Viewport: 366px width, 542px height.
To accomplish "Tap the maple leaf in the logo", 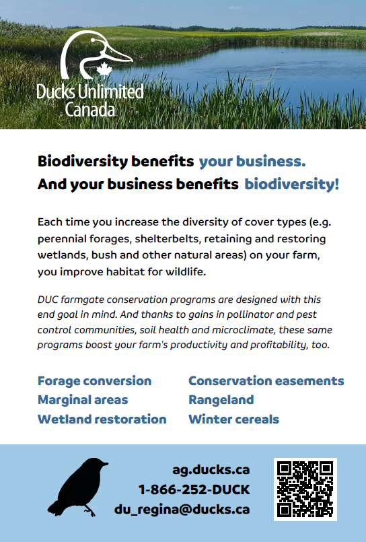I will (x=104, y=69).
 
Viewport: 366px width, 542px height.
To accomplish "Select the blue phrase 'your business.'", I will (x=252, y=162).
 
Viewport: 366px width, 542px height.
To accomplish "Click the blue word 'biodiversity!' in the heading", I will (x=291, y=184).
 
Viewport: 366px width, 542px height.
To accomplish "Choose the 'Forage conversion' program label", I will (x=94, y=381).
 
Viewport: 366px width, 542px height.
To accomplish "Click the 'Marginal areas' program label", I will (x=82, y=400).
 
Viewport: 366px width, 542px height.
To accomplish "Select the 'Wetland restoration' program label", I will (x=102, y=419).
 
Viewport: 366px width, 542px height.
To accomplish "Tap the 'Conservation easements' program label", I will (x=266, y=381).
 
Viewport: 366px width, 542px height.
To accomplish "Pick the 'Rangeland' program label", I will (x=221, y=400).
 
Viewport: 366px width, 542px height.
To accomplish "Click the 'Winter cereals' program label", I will (x=233, y=419).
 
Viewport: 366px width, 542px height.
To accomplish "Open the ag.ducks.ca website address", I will (x=211, y=470).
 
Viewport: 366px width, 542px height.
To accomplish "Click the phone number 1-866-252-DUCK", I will (x=194, y=489).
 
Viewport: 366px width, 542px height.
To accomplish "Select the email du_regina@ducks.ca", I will (x=182, y=509).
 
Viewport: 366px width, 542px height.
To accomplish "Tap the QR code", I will (x=305, y=489).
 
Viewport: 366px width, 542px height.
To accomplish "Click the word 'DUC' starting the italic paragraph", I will (x=48, y=299).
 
